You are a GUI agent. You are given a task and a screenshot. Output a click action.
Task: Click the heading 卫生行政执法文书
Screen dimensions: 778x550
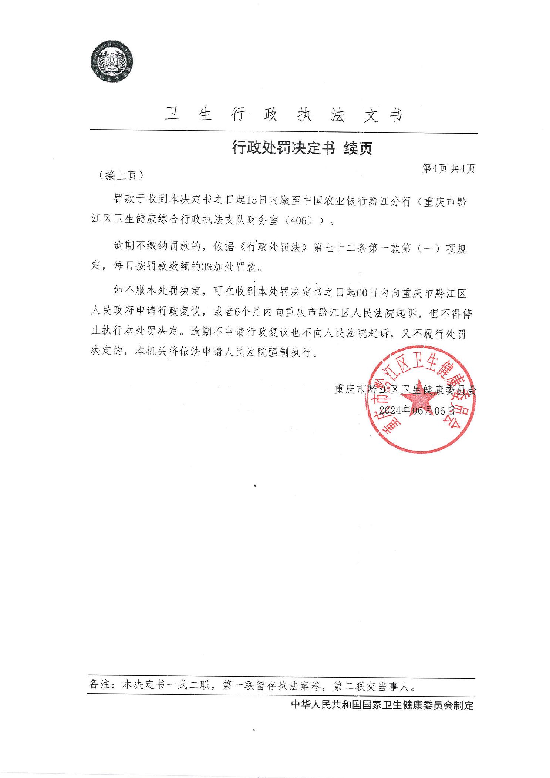(283, 115)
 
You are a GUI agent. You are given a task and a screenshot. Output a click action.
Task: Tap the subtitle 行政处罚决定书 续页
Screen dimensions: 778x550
(302, 148)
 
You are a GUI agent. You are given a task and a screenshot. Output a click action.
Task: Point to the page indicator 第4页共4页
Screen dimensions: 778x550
(448, 169)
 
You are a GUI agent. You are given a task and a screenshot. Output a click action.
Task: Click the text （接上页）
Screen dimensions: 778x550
(121, 175)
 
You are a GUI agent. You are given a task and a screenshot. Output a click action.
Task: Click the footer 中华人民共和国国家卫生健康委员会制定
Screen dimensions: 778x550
(382, 705)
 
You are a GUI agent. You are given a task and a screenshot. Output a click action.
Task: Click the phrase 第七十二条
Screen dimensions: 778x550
(340, 247)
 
